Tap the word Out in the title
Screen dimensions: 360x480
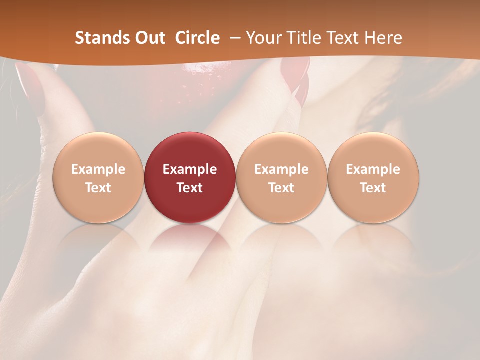[x=149, y=38]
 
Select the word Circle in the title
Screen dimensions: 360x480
[x=197, y=38]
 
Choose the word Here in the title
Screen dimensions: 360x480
[x=383, y=38]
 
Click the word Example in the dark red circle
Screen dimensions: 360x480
[x=190, y=169]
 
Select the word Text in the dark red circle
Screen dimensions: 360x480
[x=190, y=188]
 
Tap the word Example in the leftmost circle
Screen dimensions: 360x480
[x=98, y=169]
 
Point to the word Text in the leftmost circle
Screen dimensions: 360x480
[x=98, y=188]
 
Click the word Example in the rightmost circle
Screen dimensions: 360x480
[x=373, y=169]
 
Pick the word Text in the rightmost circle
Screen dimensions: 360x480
[x=373, y=188]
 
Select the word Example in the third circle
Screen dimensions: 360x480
[x=281, y=169]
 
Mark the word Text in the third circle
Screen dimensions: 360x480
[x=281, y=188]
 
